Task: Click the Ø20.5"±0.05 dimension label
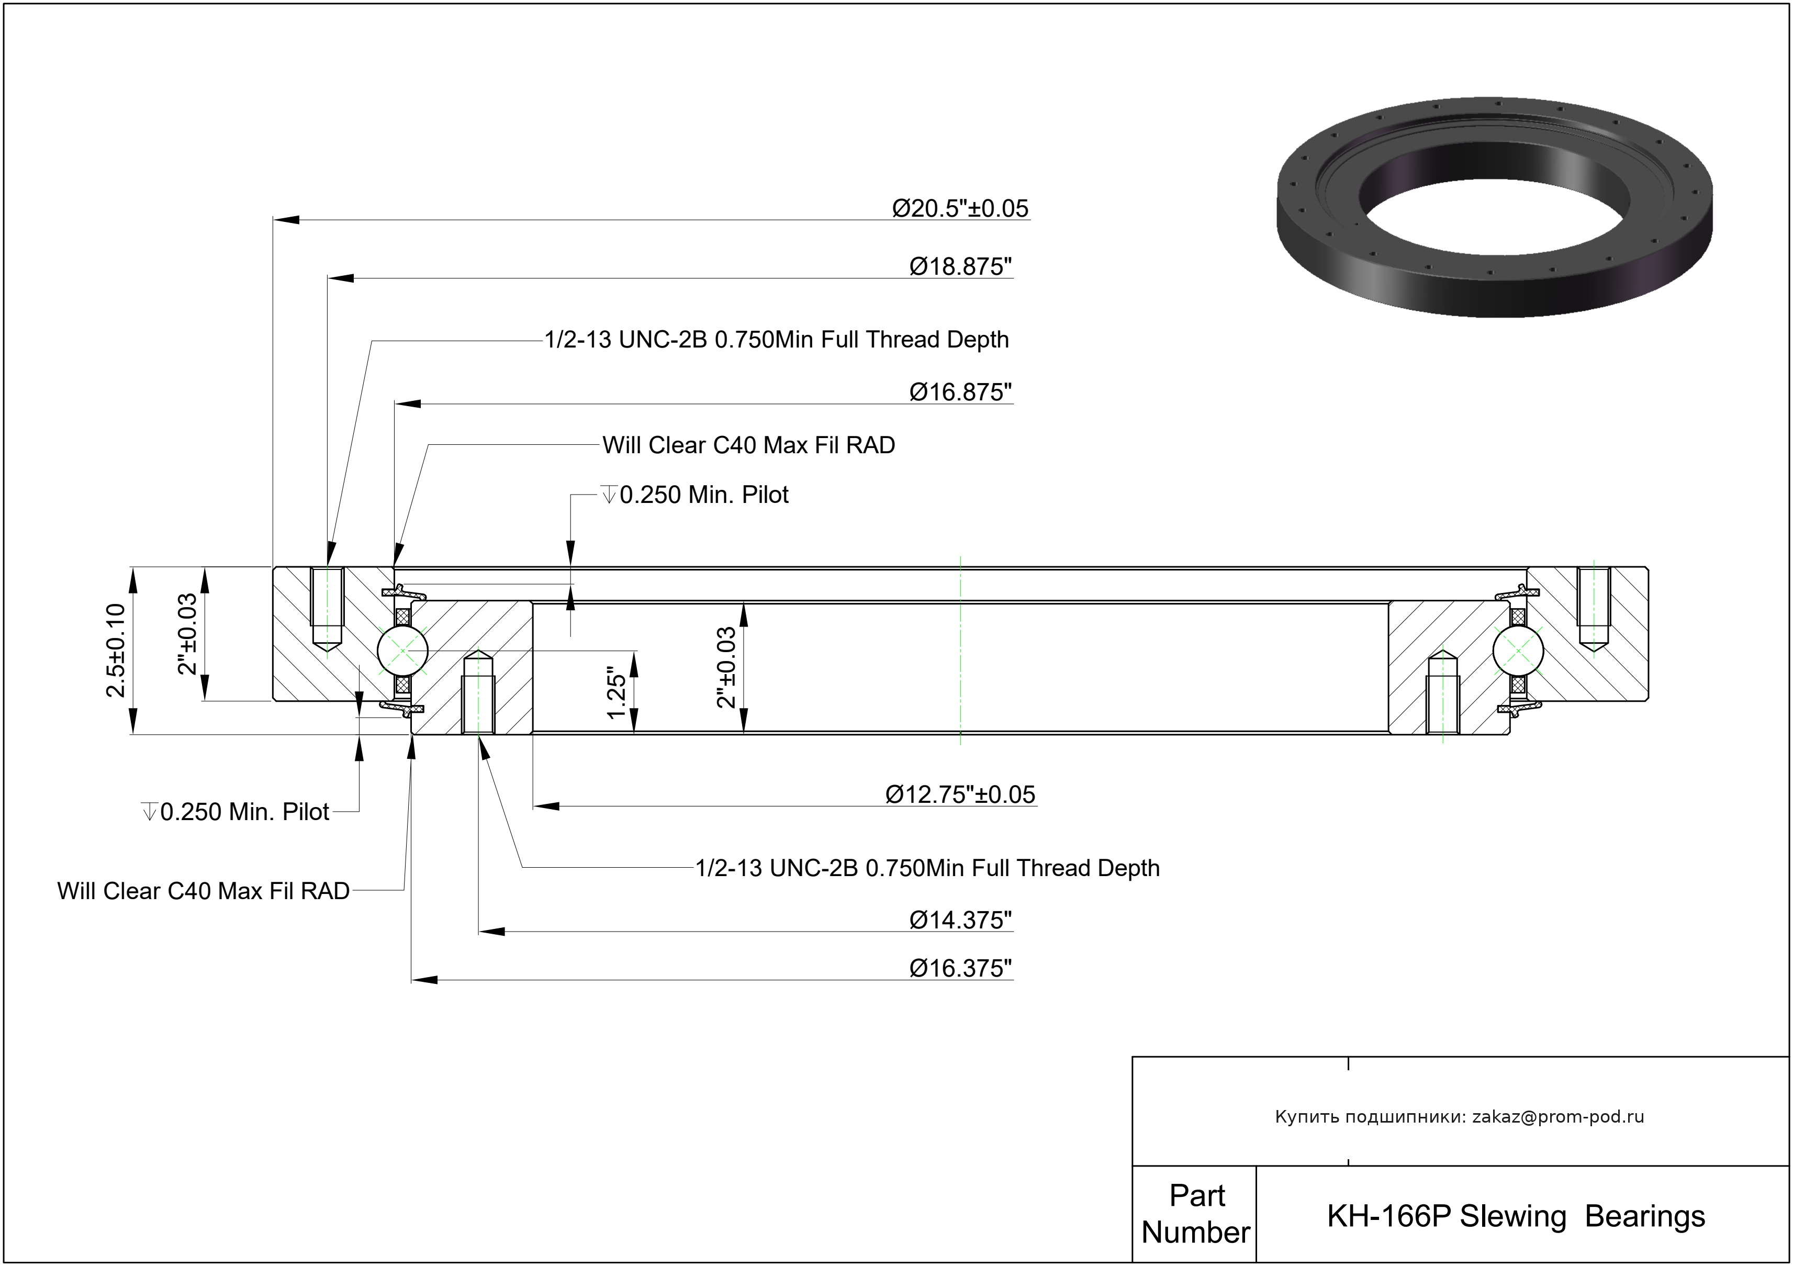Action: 960,208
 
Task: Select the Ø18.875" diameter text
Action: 960,267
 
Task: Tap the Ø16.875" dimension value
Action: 960,392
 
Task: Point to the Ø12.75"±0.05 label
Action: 960,794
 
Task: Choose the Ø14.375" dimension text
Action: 960,920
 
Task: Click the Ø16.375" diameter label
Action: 960,968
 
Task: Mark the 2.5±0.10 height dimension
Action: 116,650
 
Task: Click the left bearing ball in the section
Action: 402,649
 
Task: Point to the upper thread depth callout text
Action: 776,340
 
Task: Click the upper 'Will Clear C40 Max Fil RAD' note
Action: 748,445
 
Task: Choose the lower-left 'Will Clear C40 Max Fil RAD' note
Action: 203,891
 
